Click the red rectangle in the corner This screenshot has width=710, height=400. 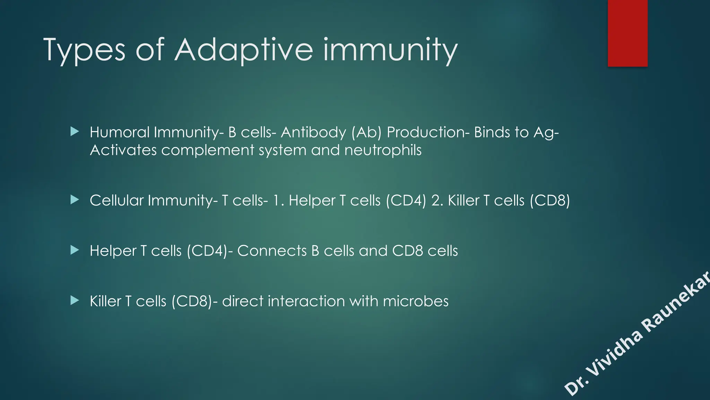pos(627,33)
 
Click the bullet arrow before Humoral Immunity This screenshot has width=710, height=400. pos(75,132)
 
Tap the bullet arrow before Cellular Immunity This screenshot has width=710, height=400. pos(75,200)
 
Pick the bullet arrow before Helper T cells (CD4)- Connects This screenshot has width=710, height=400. pos(75,250)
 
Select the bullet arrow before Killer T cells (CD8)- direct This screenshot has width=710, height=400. pos(75,300)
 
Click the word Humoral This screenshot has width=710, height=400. pos(120,132)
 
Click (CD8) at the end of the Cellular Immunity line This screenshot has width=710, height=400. pos(549,200)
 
